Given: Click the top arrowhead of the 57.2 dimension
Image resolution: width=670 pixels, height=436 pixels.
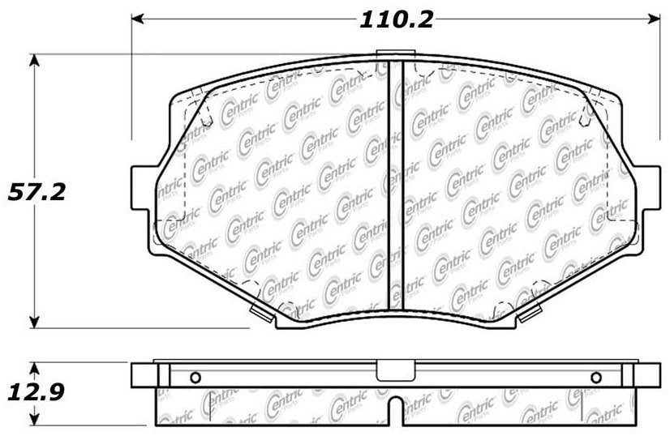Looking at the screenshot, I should tap(34, 60).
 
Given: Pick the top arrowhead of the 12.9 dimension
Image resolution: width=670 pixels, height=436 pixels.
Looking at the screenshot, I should tap(34, 367).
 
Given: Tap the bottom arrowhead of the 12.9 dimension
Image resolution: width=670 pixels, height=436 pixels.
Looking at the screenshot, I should tap(34, 421).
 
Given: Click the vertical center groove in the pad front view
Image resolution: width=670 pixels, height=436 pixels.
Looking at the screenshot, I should tap(397, 186).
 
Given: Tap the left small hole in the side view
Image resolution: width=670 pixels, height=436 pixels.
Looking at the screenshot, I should tap(194, 378).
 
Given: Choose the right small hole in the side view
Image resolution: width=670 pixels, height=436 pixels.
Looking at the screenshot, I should tap(596, 378).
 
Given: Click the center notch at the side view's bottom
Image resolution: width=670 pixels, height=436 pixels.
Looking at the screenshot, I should tap(395, 412).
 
